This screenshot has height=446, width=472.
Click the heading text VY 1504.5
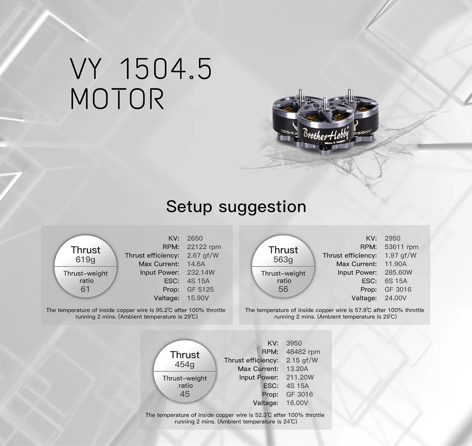[141, 68]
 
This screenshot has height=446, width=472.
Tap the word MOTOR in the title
[117, 99]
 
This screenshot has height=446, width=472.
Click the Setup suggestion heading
[236, 206]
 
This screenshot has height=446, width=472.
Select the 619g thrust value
[85, 260]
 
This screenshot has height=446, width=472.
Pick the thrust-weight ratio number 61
[85, 289]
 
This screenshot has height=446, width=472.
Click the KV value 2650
[195, 238]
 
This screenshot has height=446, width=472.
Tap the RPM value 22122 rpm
[204, 247]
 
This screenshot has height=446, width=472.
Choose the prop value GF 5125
[200, 289]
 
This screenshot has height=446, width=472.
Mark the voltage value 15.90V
[198, 298]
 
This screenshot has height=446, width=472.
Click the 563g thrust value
[283, 260]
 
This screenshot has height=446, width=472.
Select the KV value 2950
[392, 238]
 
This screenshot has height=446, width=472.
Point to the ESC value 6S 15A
[396, 281]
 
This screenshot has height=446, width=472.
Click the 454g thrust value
[184, 365]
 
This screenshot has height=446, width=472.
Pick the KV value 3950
[294, 343]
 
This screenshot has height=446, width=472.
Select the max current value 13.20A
[297, 369]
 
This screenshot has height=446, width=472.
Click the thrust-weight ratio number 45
[184, 394]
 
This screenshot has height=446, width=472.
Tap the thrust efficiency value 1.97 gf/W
[400, 255]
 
